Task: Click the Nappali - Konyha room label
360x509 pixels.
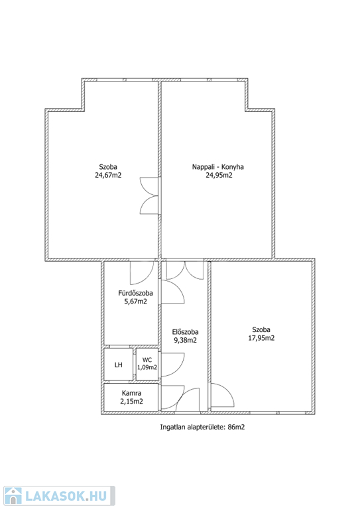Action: (218, 167)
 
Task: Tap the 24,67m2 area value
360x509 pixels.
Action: (108, 175)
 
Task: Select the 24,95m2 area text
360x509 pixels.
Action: (219, 175)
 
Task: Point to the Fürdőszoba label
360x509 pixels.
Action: (135, 293)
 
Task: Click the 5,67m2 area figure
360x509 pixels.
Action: (136, 302)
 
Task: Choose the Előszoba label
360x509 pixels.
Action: (185, 332)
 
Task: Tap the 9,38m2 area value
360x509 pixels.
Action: (186, 340)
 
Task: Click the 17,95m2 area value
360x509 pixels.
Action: (261, 338)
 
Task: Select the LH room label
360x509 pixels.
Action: (119, 365)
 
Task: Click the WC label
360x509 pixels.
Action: (147, 360)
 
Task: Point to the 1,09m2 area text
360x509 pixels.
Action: (147, 367)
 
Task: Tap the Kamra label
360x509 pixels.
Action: (131, 393)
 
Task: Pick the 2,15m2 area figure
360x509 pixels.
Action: (131, 401)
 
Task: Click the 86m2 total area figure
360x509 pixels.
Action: (236, 427)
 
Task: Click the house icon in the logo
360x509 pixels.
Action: (13, 496)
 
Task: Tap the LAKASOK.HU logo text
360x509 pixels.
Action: (66, 496)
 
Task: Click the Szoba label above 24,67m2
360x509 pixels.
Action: (108, 167)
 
